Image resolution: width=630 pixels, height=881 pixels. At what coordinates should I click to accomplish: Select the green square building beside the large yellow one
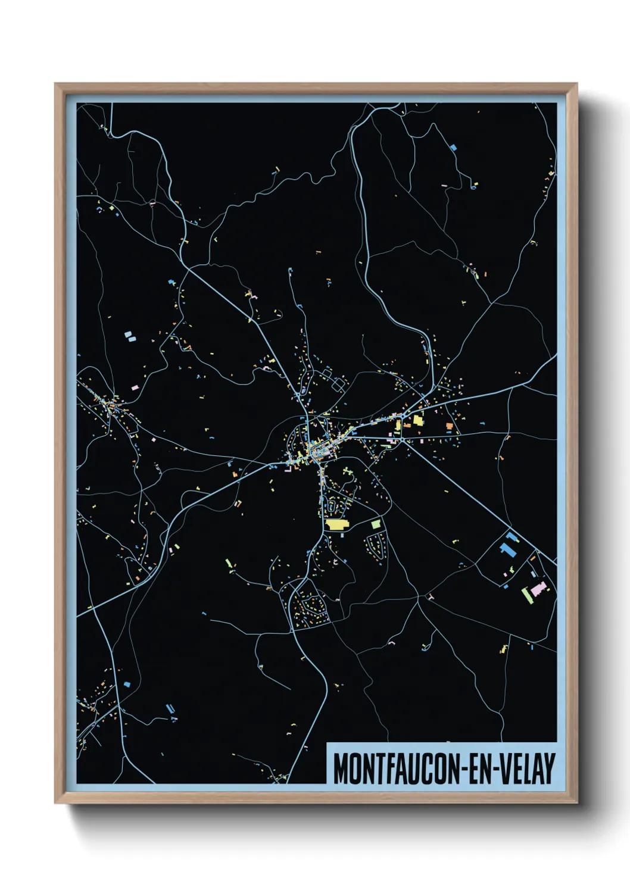coord(375,524)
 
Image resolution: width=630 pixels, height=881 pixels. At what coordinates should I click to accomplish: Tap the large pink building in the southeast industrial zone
coord(538,589)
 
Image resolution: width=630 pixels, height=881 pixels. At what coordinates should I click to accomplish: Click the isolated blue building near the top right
coord(453,147)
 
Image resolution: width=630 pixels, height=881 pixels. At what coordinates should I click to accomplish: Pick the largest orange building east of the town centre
coord(449,426)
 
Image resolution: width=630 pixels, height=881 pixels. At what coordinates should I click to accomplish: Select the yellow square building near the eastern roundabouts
coord(418,420)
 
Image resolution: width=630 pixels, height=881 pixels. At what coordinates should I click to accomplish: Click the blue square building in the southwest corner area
coord(126,685)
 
